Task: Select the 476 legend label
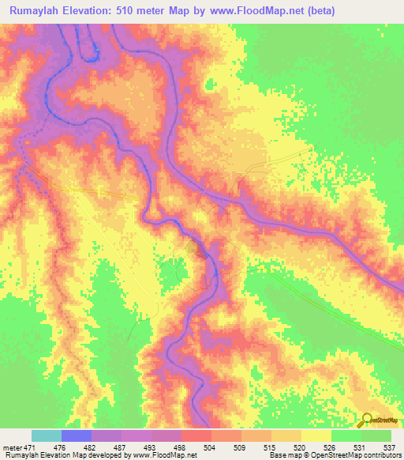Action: [61, 447]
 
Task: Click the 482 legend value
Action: [91, 447]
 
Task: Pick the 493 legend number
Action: [151, 447]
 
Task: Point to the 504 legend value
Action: [211, 447]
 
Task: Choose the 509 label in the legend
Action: [241, 447]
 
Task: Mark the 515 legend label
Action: [271, 447]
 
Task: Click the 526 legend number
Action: [331, 447]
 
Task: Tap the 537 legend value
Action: [390, 447]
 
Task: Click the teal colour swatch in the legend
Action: [46, 435]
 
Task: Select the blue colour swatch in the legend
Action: [76, 435]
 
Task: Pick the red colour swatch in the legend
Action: [196, 435]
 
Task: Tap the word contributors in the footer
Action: [381, 455]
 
